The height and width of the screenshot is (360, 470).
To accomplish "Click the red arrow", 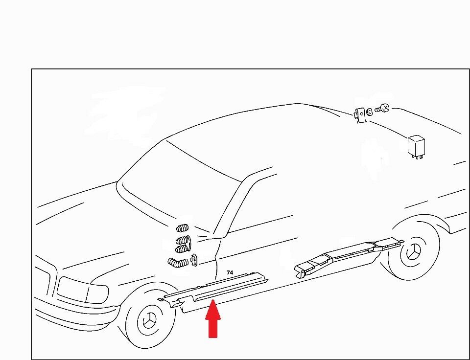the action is pyautogui.click(x=213, y=319).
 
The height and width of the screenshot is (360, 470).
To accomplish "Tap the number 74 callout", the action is pyautogui.click(x=230, y=272).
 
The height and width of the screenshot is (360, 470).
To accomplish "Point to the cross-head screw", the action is pyautogui.click(x=382, y=108).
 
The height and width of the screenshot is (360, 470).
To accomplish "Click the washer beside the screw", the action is pyautogui.click(x=370, y=112).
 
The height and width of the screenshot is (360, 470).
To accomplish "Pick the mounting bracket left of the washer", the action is pyautogui.click(x=361, y=114).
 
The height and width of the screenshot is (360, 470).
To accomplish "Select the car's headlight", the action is pyautogui.click(x=82, y=290).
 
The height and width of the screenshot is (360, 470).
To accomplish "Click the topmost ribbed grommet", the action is pyautogui.click(x=182, y=228).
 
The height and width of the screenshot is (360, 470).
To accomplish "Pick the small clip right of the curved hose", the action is pyautogui.click(x=194, y=260).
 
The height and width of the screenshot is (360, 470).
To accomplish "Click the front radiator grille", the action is pyautogui.click(x=45, y=278).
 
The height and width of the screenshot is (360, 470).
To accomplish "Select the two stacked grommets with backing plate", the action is pyautogui.click(x=183, y=245).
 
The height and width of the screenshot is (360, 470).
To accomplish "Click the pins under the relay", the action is pyautogui.click(x=417, y=157).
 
